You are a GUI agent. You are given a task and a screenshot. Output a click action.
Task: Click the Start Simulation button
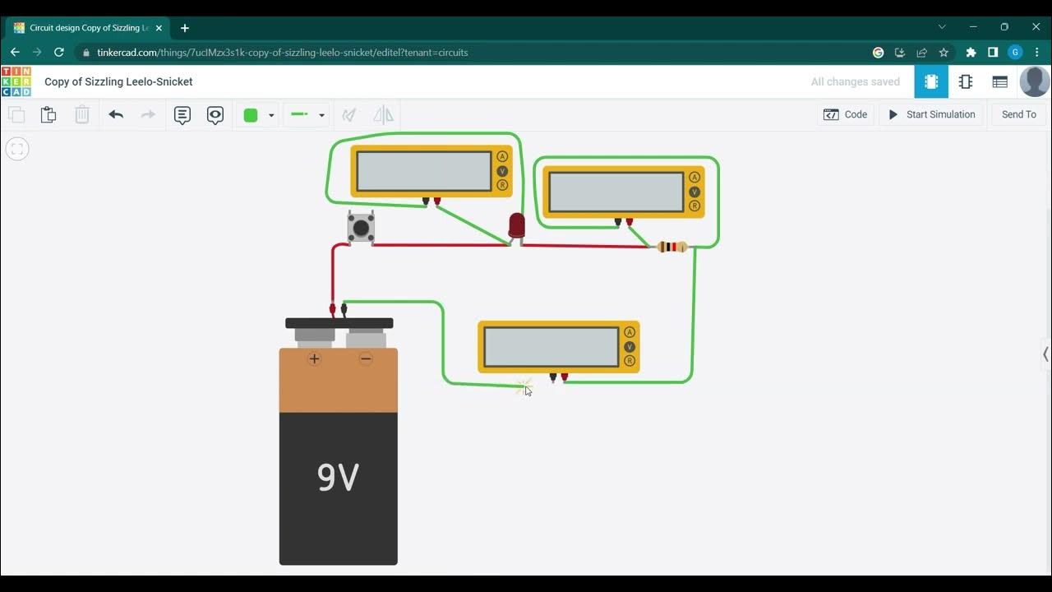[x=931, y=114]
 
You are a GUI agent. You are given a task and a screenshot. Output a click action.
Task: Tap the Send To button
[x=1018, y=114]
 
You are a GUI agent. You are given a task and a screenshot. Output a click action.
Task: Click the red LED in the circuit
[x=516, y=225]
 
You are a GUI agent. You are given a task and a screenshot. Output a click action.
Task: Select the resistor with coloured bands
[x=673, y=247]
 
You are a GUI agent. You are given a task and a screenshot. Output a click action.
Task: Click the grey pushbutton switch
[x=361, y=227]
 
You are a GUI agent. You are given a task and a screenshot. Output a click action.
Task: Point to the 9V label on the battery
[x=338, y=477]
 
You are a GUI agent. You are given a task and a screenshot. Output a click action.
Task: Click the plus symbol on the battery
[x=314, y=358]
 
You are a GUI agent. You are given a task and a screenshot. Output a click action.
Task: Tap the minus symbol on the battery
[x=366, y=358]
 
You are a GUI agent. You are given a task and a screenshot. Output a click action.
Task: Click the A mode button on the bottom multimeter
[x=630, y=332]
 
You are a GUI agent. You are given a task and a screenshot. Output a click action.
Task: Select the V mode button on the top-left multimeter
[x=502, y=171]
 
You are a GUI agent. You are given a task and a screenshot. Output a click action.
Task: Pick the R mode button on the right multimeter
[x=694, y=206]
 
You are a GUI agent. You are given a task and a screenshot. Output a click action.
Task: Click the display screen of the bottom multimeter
[x=551, y=347]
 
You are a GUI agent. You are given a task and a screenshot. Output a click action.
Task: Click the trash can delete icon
[x=82, y=115]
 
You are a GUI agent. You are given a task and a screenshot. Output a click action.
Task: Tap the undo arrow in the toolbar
[x=116, y=115]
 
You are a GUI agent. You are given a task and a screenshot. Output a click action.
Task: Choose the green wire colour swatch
[x=251, y=115]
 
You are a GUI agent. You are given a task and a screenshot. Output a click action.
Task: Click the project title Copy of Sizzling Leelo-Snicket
[x=118, y=81]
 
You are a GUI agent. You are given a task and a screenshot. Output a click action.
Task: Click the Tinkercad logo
[x=16, y=81]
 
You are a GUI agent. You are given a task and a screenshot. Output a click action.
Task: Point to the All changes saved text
[x=855, y=81]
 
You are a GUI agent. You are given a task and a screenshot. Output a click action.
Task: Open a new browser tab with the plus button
[x=185, y=28]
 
